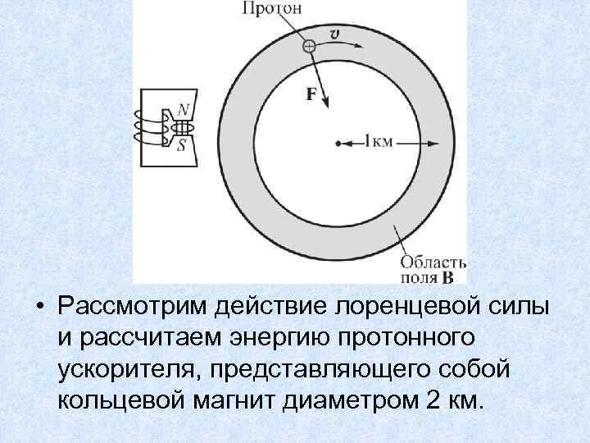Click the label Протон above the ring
pyautogui.click(x=272, y=10)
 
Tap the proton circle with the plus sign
pyautogui.click(x=308, y=47)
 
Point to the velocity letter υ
pyautogui.click(x=334, y=34)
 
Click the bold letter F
pyautogui.click(x=312, y=94)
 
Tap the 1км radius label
pyautogui.click(x=379, y=143)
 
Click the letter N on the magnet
pyautogui.click(x=184, y=110)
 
